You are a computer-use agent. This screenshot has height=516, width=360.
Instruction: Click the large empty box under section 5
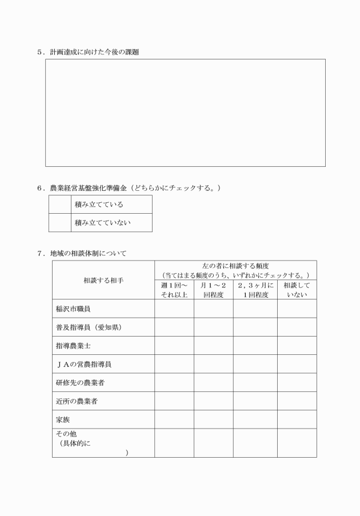tap(185, 113)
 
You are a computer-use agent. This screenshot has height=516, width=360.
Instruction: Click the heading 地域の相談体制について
tap(88, 253)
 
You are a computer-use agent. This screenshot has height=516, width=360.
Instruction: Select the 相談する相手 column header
tap(103, 281)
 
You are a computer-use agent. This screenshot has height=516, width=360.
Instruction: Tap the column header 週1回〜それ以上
tap(174, 290)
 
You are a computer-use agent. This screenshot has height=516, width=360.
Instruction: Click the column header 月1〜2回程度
tap(213, 290)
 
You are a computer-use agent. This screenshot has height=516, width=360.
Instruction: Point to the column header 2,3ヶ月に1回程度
tap(255, 290)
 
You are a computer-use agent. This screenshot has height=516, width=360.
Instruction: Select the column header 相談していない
tap(297, 290)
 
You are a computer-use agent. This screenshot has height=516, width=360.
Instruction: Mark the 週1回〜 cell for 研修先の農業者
tap(174, 382)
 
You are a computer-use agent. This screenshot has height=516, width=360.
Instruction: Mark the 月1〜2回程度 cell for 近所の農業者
tap(213, 401)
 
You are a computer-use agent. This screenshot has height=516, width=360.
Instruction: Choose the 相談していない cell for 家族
tap(297, 419)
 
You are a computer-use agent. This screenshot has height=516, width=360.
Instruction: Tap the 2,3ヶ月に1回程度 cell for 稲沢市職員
tap(255, 309)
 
